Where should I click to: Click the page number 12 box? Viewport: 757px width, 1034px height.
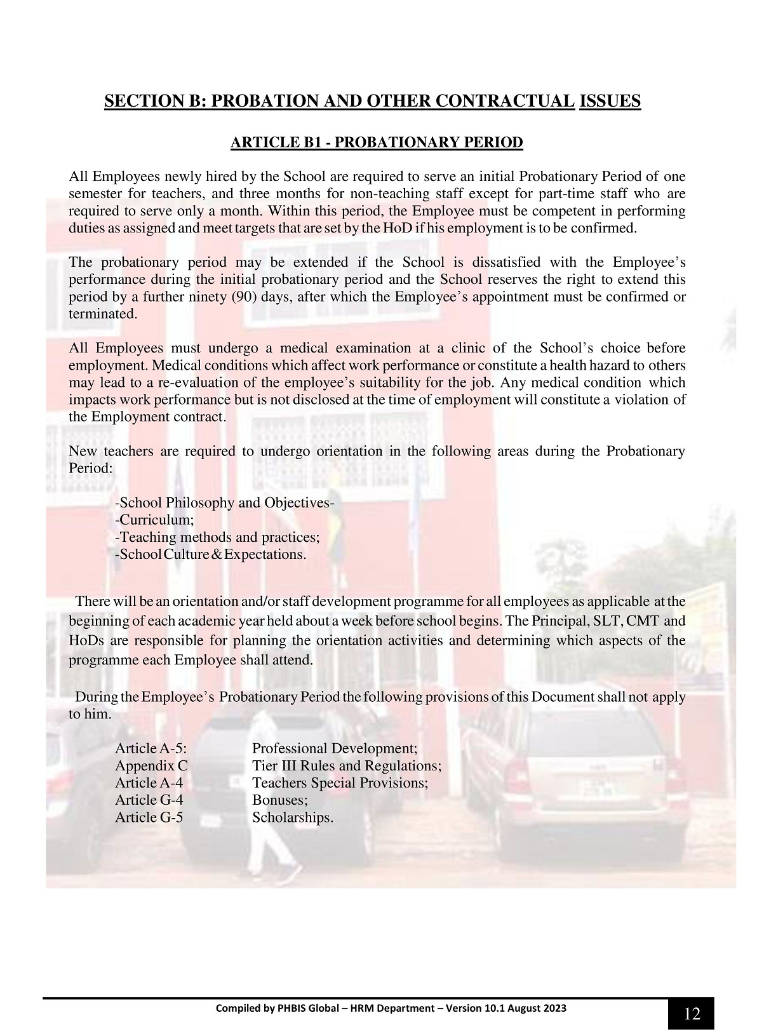pos(691,1013)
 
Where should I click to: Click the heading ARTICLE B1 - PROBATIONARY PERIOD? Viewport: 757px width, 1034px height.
pos(377,142)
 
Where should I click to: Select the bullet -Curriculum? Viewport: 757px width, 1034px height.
pos(154,520)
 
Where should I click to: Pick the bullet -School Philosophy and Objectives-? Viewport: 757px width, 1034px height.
pos(225,502)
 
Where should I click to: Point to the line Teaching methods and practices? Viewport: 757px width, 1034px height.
pos(217,537)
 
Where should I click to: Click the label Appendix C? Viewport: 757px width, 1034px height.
pos(151,765)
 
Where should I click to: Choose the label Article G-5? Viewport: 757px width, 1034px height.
pos(149,817)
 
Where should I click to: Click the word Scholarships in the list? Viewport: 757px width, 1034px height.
pos(292,817)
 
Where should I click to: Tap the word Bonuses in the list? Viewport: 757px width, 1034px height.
pos(279,800)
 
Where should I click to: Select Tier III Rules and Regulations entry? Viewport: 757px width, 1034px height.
pos(346,765)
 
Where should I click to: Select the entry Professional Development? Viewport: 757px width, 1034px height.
pos(335,748)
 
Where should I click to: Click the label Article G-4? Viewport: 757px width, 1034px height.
pos(149,800)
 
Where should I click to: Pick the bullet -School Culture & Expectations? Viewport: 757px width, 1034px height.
pos(210,554)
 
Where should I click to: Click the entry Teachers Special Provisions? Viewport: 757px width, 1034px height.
pos(340,782)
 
